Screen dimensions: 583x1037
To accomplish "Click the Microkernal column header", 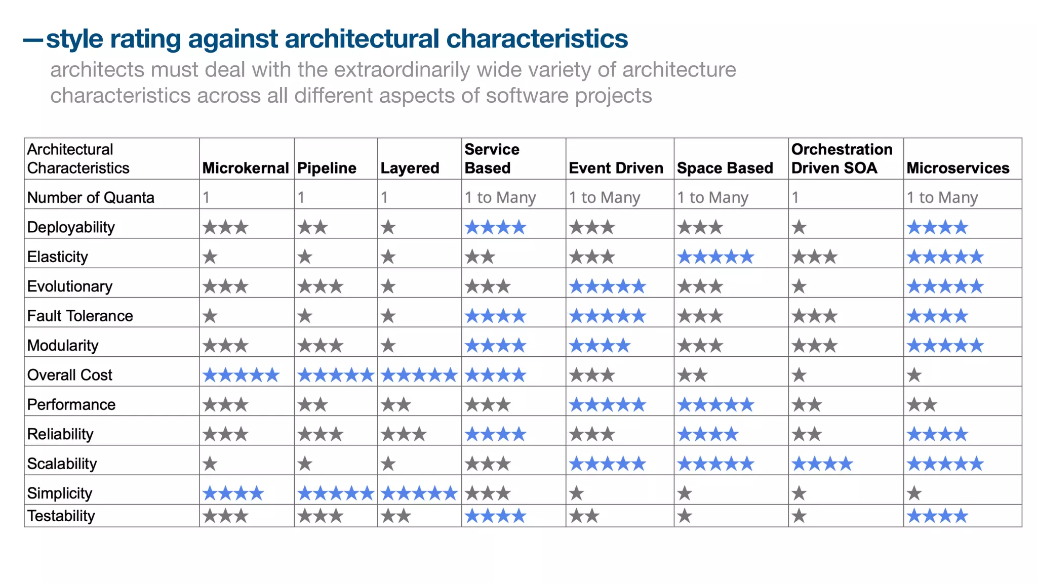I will pos(246,168).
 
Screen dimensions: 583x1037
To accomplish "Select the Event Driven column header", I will pos(616,168).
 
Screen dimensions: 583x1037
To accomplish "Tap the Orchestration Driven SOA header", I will pos(842,158).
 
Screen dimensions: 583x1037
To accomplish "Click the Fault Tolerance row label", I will pos(80,316).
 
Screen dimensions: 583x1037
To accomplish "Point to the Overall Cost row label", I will pos(70,375).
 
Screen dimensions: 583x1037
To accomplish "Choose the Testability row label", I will pos(61,516).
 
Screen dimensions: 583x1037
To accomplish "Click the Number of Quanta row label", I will pos(91,197).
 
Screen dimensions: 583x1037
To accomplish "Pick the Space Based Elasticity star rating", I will pos(715,257).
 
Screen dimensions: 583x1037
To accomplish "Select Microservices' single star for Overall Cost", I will pos(914,376).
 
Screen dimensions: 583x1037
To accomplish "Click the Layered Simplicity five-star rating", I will pos(419,493).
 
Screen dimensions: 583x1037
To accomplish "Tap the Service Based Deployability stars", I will pos(495,228).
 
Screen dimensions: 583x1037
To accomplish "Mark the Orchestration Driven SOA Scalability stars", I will pos(822,464).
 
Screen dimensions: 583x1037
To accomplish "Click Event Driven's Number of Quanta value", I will pos(605,197).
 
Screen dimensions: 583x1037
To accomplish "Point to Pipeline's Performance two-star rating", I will pos(313,405).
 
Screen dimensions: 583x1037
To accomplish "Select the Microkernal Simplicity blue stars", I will pos(233,493).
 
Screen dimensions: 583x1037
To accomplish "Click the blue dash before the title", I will pos(33,40).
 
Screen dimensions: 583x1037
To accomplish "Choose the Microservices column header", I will pos(958,168).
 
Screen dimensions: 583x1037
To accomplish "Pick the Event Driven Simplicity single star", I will pos(577,493).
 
